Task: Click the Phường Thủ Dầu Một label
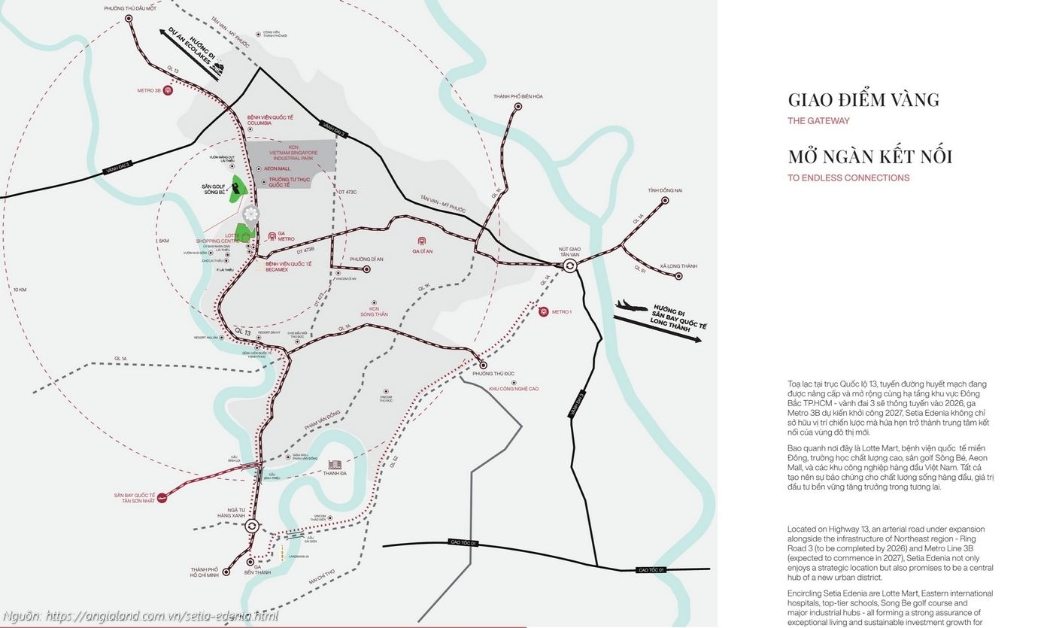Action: (130, 8)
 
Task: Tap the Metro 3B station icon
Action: (168, 90)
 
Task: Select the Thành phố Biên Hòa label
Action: (518, 96)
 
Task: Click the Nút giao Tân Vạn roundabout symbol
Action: (570, 265)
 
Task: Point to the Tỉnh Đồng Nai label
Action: (665, 190)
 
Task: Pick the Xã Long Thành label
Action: (678, 266)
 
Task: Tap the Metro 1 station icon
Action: (544, 311)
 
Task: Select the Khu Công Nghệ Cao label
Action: (514, 389)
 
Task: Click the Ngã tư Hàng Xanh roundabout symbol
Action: (252, 526)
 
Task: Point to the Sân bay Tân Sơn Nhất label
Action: (135, 498)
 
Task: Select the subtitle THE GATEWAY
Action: (818, 120)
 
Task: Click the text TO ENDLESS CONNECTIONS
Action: (848, 177)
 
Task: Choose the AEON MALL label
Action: (277, 168)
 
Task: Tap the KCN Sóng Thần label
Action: (374, 311)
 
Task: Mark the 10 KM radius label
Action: (20, 290)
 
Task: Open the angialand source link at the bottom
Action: (140, 616)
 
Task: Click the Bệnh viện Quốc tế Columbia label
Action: (270, 120)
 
